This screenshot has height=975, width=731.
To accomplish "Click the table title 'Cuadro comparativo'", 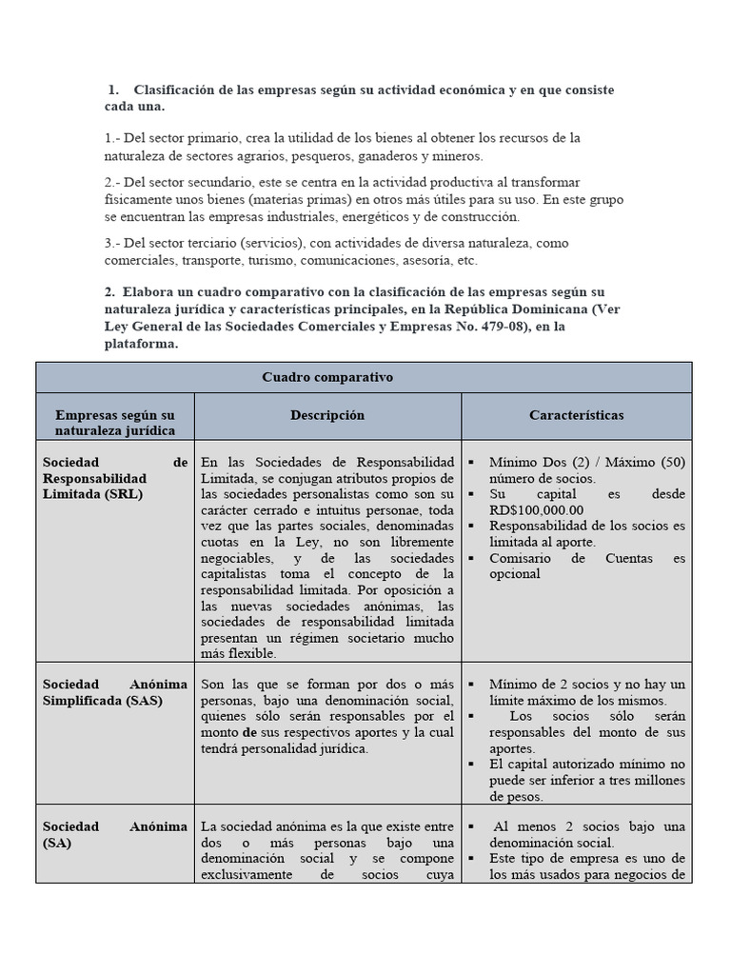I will click(x=327, y=377).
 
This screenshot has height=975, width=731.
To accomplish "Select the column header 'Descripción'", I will click(x=327, y=415).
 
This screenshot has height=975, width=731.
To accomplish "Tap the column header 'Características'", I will click(x=577, y=415).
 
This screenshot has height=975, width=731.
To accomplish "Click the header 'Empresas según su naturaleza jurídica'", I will click(x=114, y=423).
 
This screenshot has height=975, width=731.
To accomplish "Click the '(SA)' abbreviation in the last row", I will click(x=57, y=843).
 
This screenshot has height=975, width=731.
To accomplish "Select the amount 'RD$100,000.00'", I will click(x=537, y=509).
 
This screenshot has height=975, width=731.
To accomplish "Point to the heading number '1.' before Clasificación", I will click(x=114, y=90).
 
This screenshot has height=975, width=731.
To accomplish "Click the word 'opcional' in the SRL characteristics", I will click(x=515, y=574).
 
